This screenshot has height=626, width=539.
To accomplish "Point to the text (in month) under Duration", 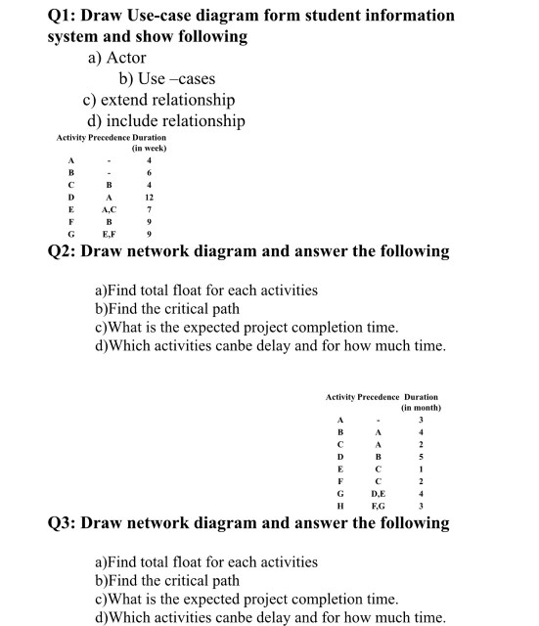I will tap(422, 407).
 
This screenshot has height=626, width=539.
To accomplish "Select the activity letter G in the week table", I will tap(70, 235).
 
